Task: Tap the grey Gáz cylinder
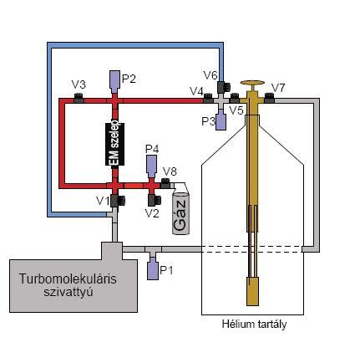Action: pyautogui.click(x=181, y=214)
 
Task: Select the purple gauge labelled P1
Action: pyautogui.click(x=153, y=270)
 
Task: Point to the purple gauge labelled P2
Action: pyautogui.click(x=114, y=81)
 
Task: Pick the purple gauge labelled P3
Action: pyautogui.click(x=221, y=120)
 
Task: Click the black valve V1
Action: pyautogui.click(x=117, y=201)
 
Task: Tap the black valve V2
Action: pyautogui.click(x=154, y=200)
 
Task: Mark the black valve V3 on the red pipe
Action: pyautogui.click(x=79, y=98)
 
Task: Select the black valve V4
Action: pyautogui.click(x=208, y=98)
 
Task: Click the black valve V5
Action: pyautogui.click(x=235, y=98)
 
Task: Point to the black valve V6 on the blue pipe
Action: pyautogui.click(x=223, y=87)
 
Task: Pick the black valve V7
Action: pyautogui.click(x=270, y=98)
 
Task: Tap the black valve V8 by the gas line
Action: pyautogui.click(x=165, y=182)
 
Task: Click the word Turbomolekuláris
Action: pyautogui.click(x=68, y=279)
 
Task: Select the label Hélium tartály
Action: pyautogui.click(x=254, y=325)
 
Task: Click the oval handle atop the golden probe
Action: pyautogui.click(x=252, y=83)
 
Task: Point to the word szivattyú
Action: pyautogui.click(x=68, y=292)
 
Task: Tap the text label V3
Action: pyautogui.click(x=79, y=84)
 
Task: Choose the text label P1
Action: pyautogui.click(x=166, y=270)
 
